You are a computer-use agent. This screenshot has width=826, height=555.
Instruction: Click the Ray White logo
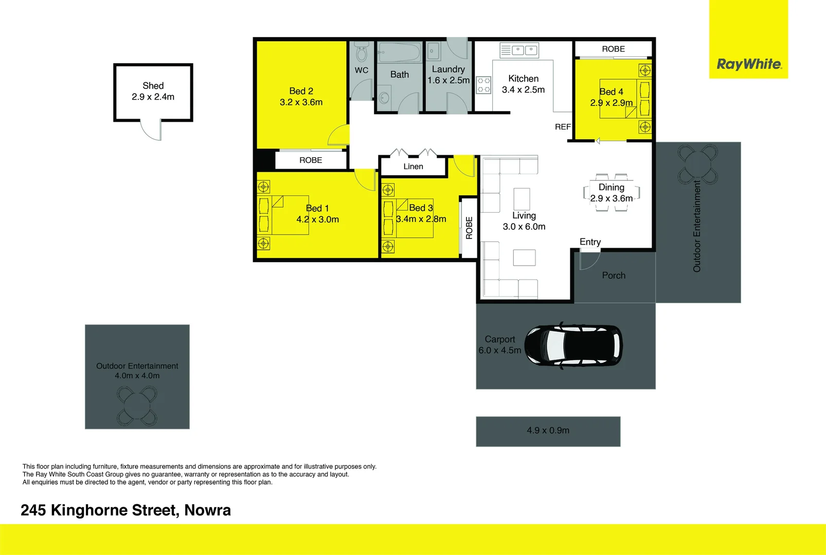tap(748, 64)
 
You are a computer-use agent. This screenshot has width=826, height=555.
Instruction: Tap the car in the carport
tap(573, 345)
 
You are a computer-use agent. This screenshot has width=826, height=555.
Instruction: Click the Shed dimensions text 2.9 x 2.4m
tap(153, 97)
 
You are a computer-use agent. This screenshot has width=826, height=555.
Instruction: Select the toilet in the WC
tap(362, 52)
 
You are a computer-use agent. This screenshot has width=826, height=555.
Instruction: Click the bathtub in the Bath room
tap(399, 52)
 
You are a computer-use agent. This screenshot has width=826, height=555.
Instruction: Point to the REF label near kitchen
tap(563, 127)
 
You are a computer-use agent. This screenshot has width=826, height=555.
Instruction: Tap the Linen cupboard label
tap(413, 166)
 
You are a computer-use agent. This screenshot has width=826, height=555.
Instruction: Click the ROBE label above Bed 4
tap(613, 49)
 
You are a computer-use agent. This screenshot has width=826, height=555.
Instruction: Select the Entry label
tap(590, 242)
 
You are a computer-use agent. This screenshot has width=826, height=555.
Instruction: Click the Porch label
tap(614, 275)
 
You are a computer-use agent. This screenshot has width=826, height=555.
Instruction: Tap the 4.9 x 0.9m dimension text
tap(548, 431)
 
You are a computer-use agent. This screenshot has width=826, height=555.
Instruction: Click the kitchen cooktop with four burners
tap(483, 85)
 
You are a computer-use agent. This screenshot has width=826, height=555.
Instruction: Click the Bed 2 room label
tap(301, 91)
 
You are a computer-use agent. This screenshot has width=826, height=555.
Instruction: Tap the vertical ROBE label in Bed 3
tap(469, 228)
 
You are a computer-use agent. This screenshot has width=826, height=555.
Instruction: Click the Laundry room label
tap(448, 69)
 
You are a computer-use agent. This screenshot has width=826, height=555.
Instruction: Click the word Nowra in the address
tap(207, 510)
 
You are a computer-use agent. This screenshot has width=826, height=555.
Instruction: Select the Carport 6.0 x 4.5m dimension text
tap(499, 350)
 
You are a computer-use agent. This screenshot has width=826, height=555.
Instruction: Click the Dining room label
tap(611, 188)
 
